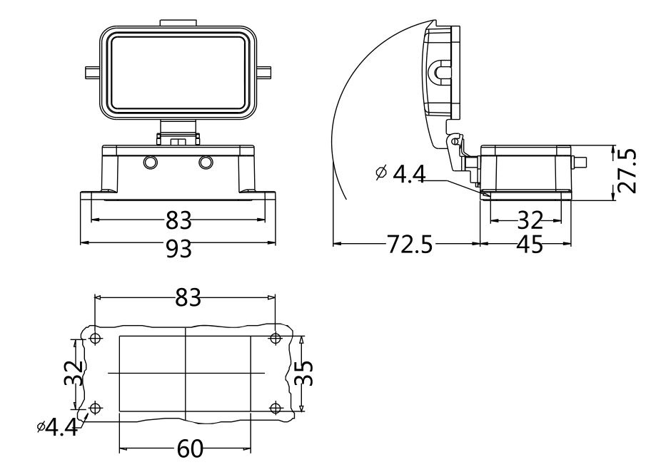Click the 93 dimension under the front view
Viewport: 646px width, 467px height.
pyautogui.click(x=179, y=247)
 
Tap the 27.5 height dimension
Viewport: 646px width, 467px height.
pyautogui.click(x=627, y=172)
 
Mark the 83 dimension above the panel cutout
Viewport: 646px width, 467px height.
pyautogui.click(x=188, y=298)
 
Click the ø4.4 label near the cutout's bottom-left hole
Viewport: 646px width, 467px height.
pyautogui.click(x=57, y=427)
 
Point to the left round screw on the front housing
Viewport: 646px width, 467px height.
pyautogui.click(x=150, y=163)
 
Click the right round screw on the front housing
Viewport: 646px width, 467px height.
pyautogui.click(x=206, y=163)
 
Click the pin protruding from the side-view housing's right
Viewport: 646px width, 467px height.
pyautogui.click(x=580, y=163)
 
